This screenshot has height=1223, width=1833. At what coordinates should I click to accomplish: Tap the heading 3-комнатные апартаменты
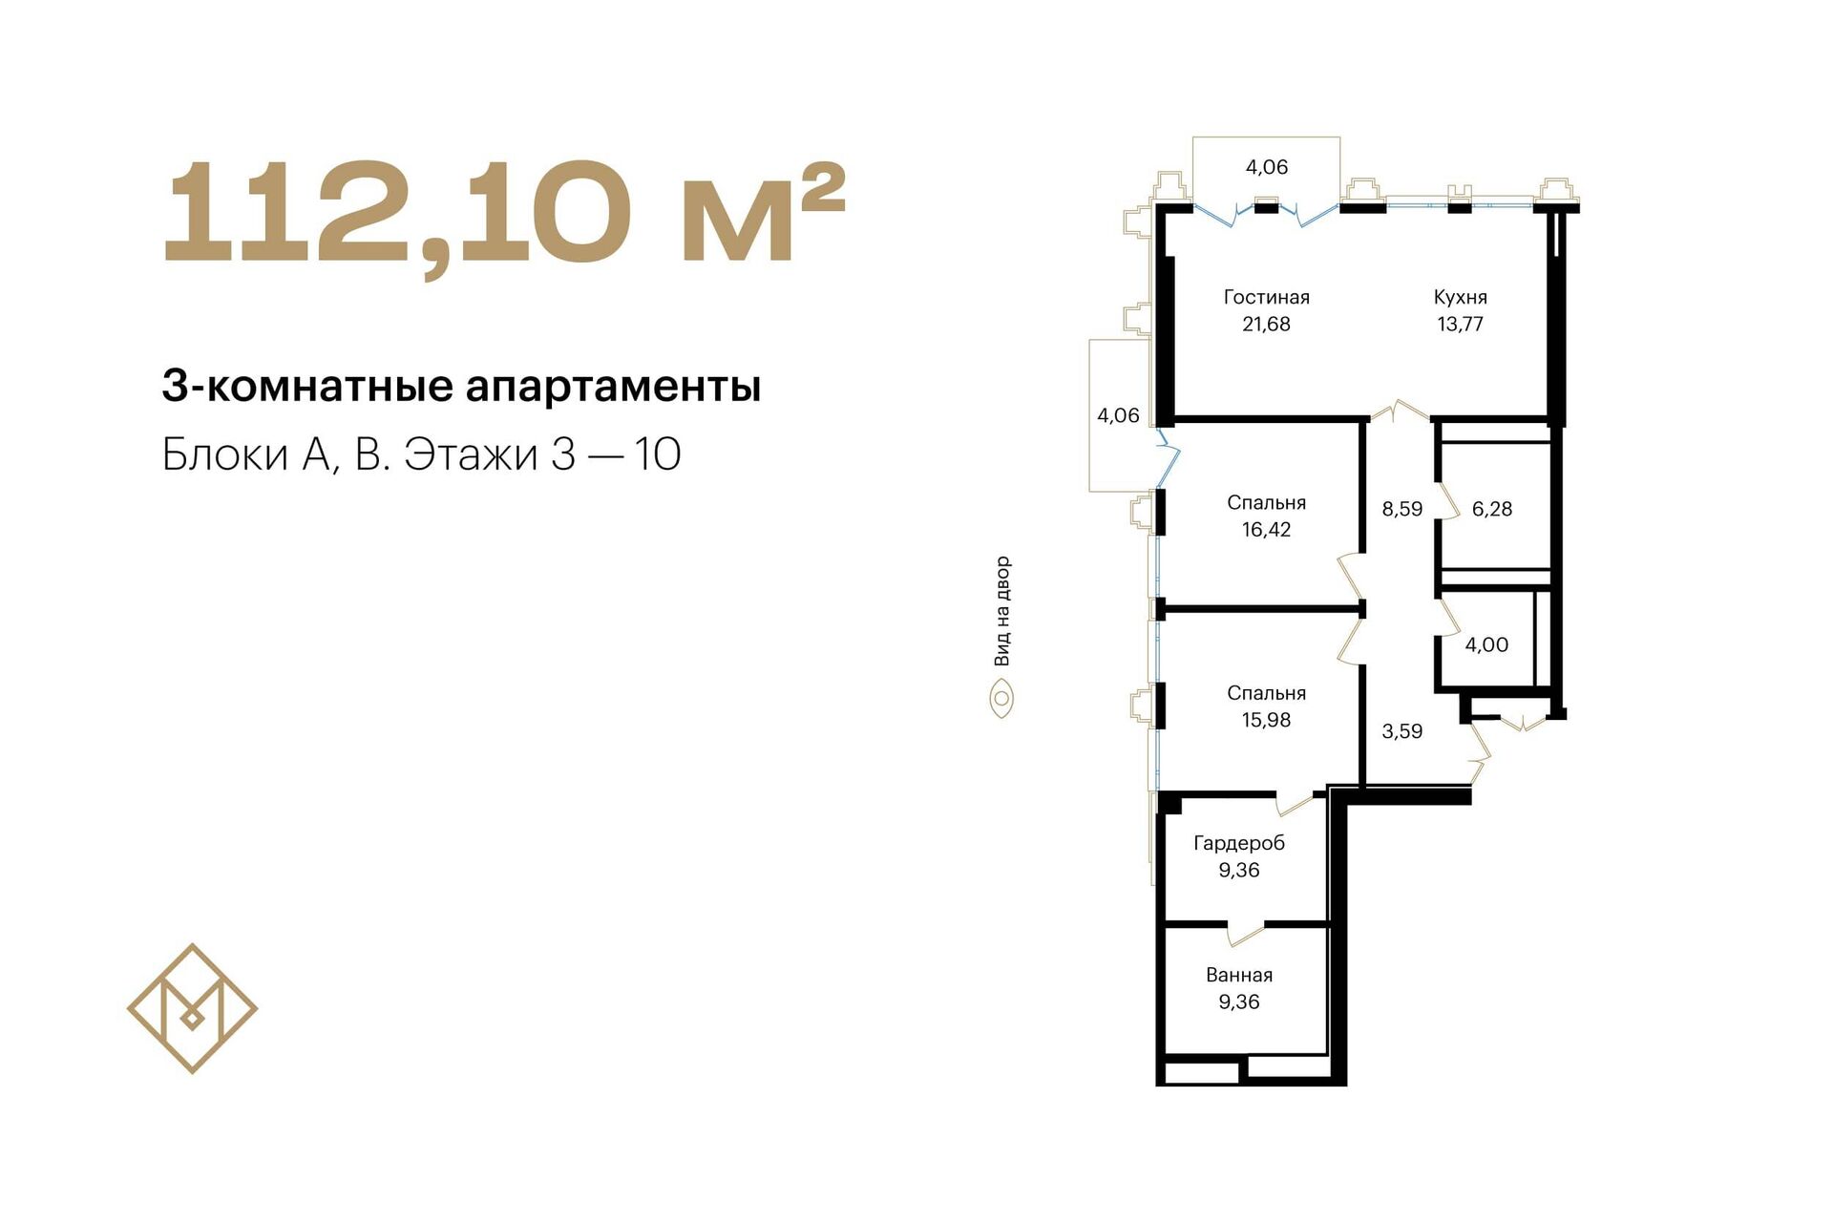461,387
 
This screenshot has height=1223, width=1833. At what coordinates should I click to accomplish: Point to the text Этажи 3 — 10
542,454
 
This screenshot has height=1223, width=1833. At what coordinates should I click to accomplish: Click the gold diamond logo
192,1008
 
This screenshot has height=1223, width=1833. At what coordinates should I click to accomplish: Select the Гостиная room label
1266,297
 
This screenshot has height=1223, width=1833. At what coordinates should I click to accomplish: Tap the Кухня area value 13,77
1460,324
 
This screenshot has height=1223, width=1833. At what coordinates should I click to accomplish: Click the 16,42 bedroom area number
1266,529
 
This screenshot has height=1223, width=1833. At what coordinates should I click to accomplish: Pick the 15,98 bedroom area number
1266,720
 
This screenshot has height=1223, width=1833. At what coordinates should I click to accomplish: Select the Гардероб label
1239,843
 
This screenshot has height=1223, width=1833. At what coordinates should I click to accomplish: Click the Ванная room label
1239,975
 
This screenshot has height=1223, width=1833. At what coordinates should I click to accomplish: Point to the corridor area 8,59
1401,509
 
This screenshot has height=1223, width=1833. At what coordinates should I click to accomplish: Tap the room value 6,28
1492,509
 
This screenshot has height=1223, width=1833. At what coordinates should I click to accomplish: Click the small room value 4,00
1486,644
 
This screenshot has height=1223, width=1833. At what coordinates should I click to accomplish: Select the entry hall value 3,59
1401,731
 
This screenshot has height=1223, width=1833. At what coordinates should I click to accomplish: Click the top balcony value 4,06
1267,167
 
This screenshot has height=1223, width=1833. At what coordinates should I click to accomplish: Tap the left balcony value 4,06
1118,415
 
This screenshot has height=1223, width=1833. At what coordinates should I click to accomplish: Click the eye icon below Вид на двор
1001,699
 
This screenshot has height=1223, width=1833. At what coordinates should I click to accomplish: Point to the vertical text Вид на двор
1001,611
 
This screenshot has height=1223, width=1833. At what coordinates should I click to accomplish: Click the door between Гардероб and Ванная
1246,933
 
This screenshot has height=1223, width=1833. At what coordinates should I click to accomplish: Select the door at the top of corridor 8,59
1400,411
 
